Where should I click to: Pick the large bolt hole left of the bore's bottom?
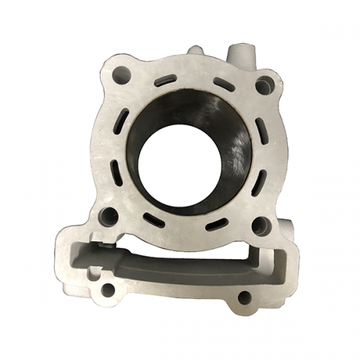coord(109,215)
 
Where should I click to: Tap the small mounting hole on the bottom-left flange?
coord(108,289)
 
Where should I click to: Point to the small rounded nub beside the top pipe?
coord(196,52)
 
